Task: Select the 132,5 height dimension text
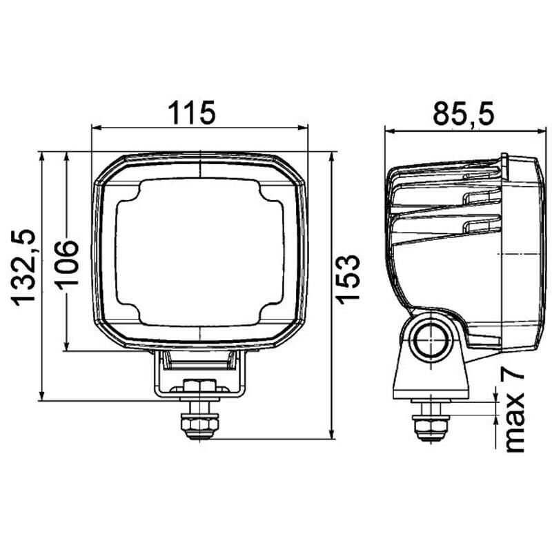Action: pos(26,267)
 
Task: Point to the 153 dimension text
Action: pos(349,278)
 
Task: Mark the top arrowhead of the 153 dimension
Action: pos(333,156)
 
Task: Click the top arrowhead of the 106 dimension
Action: pos(66,156)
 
